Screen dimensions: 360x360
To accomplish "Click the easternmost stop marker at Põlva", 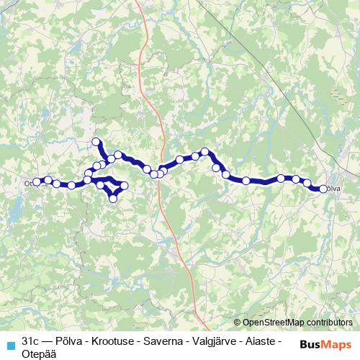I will click(323, 189).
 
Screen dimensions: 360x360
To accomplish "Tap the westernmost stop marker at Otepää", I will click(37, 183).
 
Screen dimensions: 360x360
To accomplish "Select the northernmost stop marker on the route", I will click(96, 142).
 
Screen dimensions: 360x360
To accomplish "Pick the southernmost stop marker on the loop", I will click(113, 198).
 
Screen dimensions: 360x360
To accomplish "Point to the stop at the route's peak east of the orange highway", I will click(205, 152).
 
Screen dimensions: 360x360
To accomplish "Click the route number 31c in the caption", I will click(30, 339).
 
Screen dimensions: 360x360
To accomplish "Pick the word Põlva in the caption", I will click(74, 339).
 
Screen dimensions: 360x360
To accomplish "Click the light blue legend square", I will click(9, 344).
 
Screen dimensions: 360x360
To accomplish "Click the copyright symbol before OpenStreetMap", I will click(238, 323).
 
